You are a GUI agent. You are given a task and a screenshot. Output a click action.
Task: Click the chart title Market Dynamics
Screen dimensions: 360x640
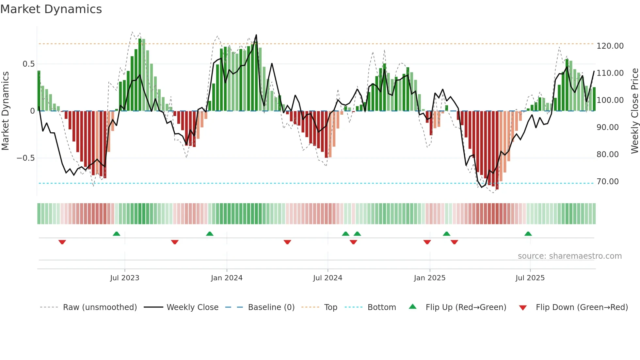[51, 9]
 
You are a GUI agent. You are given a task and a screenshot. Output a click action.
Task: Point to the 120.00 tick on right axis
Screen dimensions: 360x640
[610, 46]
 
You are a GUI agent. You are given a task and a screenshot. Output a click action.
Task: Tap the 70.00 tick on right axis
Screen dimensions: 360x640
[607, 182]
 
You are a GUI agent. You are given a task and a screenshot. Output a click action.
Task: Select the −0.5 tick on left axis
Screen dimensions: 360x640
[25, 158]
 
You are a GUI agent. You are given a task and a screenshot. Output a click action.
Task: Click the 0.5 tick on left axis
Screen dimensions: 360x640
[28, 64]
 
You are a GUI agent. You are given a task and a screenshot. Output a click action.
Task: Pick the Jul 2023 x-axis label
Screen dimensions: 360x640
[124, 278]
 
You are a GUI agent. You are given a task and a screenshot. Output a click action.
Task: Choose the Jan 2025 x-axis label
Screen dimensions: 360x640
[429, 278]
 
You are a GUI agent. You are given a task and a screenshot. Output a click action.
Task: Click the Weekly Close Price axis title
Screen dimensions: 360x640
[634, 111]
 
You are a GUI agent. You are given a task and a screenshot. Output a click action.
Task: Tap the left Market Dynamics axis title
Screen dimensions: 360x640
[5, 111]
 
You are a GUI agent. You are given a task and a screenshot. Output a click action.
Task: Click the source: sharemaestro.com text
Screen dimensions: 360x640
[569, 256]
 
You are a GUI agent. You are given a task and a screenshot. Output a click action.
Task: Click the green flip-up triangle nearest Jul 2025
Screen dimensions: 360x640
[528, 234]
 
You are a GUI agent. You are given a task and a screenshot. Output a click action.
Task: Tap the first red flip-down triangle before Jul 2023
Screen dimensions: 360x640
[62, 242]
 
